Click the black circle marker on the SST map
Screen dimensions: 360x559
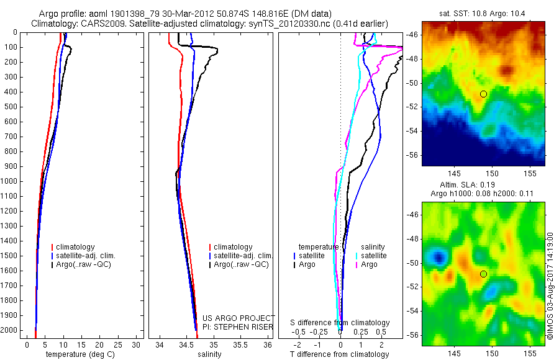pyautogui.click(x=483, y=94)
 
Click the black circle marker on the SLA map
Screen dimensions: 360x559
pyautogui.click(x=483, y=274)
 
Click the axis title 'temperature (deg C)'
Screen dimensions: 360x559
pyautogui.click(x=81, y=354)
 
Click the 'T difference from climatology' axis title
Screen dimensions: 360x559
pyautogui.click(x=340, y=354)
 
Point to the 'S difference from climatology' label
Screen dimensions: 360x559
pyautogui.click(x=340, y=323)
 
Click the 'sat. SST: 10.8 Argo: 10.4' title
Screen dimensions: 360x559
pyautogui.click(x=483, y=13)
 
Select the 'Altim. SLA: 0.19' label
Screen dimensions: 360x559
pyautogui.click(x=483, y=185)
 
